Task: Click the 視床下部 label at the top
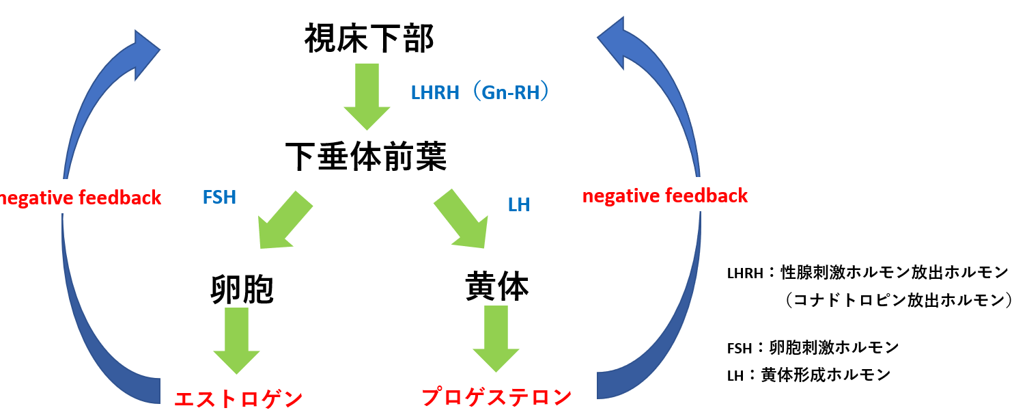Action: tap(369, 40)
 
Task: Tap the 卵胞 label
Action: tap(242, 289)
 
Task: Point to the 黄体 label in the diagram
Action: tap(496, 286)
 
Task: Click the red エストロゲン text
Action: tap(238, 399)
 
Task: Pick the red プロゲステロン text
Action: tap(496, 397)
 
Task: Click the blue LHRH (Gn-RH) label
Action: tap(480, 92)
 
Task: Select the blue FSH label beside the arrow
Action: tap(219, 198)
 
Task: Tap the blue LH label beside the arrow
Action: tap(519, 204)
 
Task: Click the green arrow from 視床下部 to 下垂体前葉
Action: tap(367, 96)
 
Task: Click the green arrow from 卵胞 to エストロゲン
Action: tap(236, 340)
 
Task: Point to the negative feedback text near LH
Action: tap(664, 197)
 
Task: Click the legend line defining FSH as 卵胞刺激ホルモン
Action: tap(813, 347)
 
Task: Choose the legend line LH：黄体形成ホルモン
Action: tap(808, 375)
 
